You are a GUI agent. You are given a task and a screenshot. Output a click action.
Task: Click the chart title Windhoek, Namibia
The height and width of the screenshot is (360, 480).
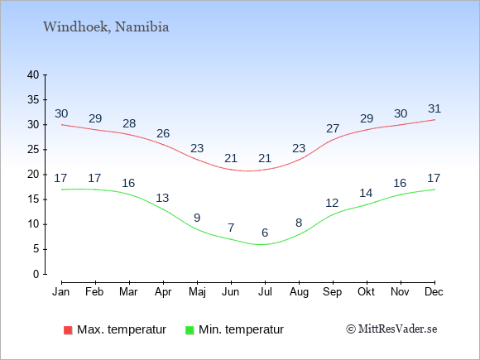106,27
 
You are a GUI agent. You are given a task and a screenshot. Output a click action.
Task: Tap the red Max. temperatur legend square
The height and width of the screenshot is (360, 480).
68,330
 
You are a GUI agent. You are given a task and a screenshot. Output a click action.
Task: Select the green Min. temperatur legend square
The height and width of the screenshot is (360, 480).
190,330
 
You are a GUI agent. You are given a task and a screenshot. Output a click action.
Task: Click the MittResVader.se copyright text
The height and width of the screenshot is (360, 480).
391,329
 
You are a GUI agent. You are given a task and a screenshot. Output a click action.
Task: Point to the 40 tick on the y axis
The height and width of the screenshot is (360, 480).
33,74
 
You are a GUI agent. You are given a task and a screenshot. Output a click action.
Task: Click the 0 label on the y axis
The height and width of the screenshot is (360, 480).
36,274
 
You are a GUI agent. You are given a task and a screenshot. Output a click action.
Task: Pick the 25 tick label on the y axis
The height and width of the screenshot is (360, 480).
33,150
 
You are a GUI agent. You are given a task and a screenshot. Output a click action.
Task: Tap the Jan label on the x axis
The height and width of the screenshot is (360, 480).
61,292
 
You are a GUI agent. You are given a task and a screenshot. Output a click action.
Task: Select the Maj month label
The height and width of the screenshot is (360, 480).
197,292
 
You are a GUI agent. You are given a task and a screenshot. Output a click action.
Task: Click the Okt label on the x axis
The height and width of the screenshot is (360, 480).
366,292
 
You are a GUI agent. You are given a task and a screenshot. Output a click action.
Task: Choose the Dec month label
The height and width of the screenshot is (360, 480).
434,292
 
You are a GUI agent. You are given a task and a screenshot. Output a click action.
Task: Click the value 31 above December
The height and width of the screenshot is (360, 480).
434,108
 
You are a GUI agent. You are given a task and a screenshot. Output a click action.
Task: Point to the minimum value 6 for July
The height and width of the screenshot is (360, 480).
265,233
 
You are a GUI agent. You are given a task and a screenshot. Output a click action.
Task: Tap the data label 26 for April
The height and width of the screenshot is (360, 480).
163,133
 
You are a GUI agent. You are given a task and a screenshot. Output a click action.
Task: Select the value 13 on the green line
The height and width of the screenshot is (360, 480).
162,198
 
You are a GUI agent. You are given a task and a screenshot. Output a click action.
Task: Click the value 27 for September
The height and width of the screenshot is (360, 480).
333,128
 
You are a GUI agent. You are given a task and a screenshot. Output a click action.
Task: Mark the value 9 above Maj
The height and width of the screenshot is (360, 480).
197,218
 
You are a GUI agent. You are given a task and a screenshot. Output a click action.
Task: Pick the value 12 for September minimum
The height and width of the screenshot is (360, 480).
332,203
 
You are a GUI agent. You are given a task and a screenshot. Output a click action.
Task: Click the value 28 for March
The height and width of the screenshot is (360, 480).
129,123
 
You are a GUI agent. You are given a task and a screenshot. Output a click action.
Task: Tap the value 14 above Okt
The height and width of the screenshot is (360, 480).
366,193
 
